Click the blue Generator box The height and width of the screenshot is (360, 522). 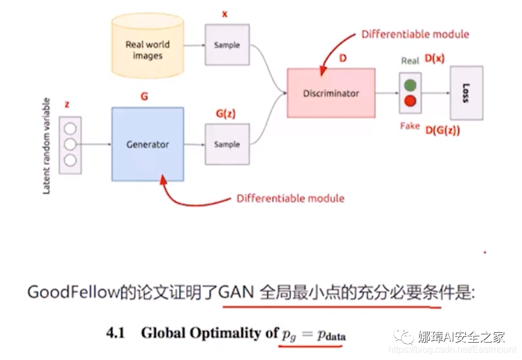(x=147, y=144)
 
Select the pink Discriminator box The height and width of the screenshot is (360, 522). (x=331, y=93)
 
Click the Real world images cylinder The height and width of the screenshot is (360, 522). (x=147, y=50)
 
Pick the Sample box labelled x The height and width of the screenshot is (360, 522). (x=227, y=44)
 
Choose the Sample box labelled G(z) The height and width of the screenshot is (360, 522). (x=227, y=144)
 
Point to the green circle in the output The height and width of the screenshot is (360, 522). (x=410, y=86)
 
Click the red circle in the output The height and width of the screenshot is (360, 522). (x=410, y=101)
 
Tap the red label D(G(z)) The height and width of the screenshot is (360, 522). (x=443, y=130)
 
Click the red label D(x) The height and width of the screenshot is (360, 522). (x=435, y=58)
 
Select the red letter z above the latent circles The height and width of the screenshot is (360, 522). (x=67, y=105)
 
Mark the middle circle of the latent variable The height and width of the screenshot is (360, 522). (x=71, y=144)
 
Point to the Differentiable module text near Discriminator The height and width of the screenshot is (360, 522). (x=415, y=34)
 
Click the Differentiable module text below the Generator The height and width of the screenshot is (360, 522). (x=290, y=198)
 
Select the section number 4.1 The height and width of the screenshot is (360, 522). (x=116, y=333)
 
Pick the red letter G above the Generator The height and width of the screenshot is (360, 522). (x=145, y=97)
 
